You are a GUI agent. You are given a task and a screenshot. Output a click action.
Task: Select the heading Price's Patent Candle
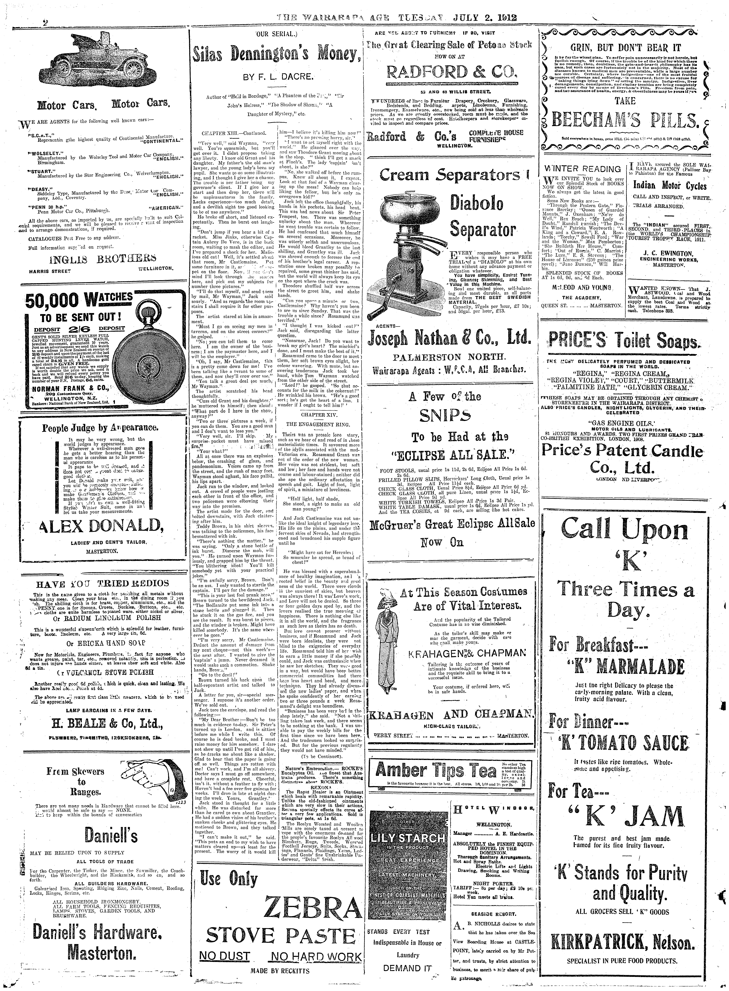pos(622,451)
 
